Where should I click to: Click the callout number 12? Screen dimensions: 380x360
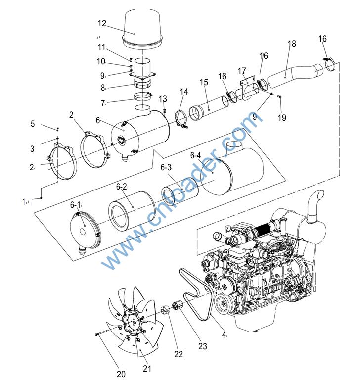(102, 23)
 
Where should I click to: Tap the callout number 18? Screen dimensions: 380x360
(292, 44)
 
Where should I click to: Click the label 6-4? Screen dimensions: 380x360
(196, 155)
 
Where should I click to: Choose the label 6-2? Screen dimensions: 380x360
(122, 187)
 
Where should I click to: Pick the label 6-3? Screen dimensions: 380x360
(166, 167)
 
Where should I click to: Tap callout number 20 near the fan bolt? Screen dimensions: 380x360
(121, 374)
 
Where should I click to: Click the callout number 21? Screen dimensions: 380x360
(147, 368)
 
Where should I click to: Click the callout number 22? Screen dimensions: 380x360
(178, 354)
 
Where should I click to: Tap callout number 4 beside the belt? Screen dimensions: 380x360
(224, 335)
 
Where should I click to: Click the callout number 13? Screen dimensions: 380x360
(163, 99)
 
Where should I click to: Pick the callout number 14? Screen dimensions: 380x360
(184, 92)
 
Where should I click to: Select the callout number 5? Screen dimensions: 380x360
(33, 124)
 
